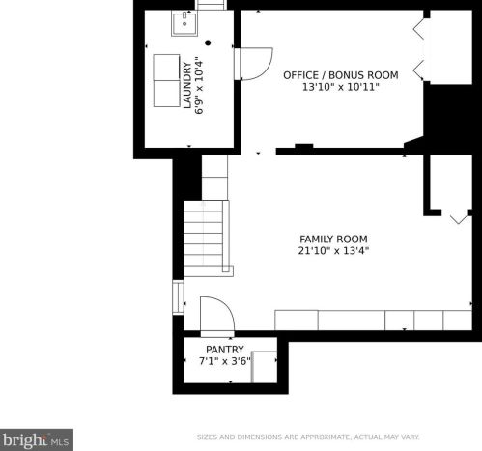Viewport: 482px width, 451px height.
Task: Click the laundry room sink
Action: (184, 23)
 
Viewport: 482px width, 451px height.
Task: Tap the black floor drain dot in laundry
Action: (208, 42)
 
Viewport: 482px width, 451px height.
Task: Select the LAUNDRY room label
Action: (187, 85)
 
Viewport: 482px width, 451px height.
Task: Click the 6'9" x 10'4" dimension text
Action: (199, 87)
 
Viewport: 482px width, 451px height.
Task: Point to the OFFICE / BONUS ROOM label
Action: (341, 75)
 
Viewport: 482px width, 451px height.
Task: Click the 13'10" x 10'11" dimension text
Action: (341, 87)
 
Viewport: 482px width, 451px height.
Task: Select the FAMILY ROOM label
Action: (333, 240)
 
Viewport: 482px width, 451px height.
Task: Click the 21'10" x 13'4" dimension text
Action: (333, 250)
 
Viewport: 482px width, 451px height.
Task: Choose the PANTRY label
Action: (225, 350)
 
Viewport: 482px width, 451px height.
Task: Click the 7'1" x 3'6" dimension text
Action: (225, 361)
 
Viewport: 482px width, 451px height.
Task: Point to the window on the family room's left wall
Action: (178, 297)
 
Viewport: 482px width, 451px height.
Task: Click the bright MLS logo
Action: (37, 439)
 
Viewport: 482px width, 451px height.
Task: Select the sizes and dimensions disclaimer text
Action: (308, 437)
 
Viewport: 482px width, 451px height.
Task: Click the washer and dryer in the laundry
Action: (166, 80)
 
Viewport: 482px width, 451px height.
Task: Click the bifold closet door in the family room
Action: (460, 218)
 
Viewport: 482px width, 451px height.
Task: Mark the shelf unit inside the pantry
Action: (264, 367)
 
